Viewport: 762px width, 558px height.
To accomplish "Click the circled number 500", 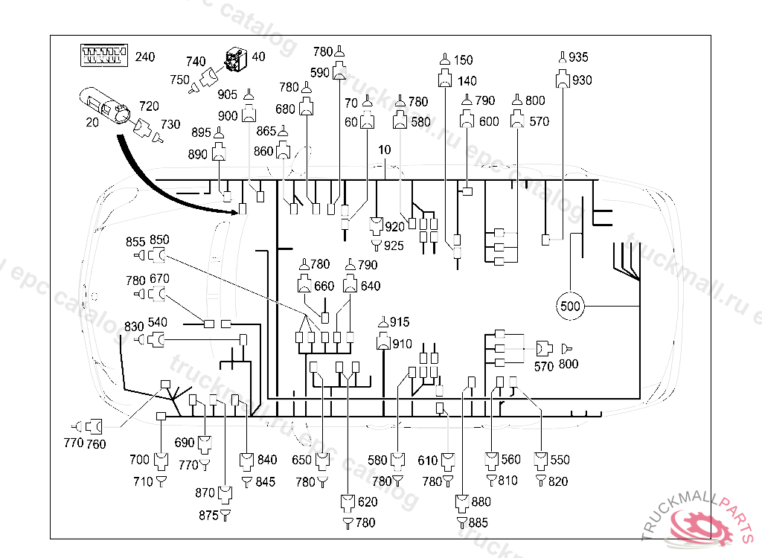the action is coord(570,307).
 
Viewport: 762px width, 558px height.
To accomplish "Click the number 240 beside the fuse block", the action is coord(145,57).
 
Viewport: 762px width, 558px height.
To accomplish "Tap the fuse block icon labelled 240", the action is coord(104,55).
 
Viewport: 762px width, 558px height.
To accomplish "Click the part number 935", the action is coord(577,57).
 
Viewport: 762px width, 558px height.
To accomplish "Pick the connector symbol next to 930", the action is coord(563,79).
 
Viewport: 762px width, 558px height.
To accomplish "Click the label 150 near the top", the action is coord(463,60).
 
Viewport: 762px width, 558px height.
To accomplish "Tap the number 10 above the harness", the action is coord(385,150).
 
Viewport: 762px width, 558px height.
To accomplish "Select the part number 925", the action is coord(394,246).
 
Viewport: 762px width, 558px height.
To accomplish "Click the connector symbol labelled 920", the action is coord(377,225).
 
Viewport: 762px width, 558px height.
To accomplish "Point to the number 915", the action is coord(400,321).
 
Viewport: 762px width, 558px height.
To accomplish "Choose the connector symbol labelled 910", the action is coord(383,341).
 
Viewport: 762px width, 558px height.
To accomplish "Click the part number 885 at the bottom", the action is coord(478,522).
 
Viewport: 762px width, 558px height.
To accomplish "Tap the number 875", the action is coord(208,516).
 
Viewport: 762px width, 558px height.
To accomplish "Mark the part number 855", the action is coord(135,242).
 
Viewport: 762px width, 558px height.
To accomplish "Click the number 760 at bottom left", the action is coord(96,443).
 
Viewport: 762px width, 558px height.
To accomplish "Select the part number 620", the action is coord(368,501).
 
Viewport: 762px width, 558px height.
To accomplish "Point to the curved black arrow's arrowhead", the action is coord(232,211).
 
